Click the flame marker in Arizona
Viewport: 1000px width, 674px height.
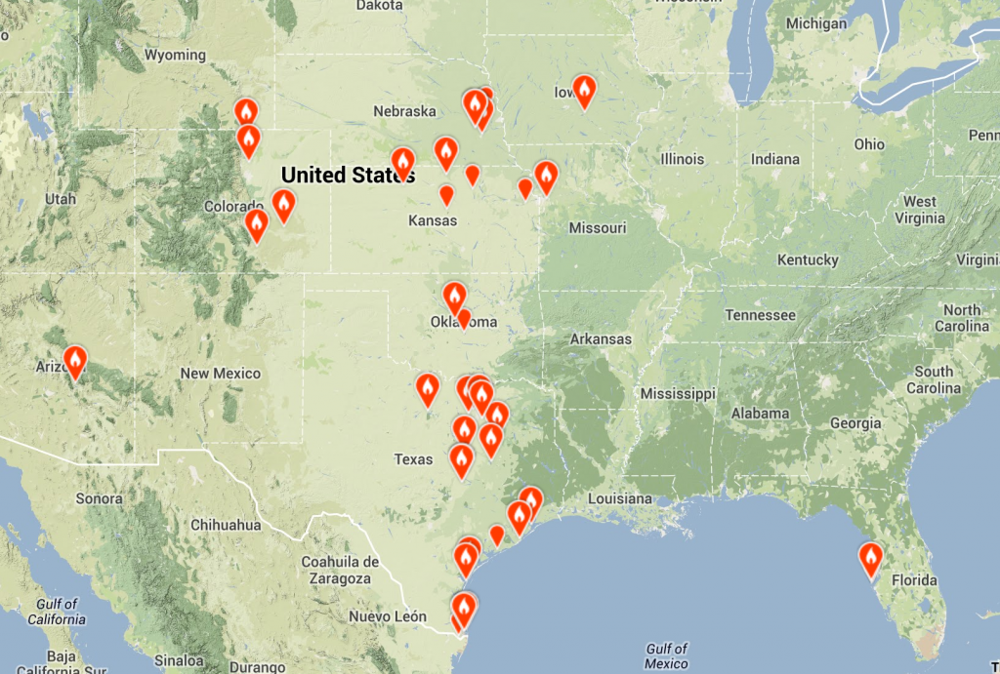74,362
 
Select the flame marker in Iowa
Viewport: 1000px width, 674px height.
584,92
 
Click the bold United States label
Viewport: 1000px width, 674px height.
348,176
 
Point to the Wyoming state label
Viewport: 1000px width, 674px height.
175,56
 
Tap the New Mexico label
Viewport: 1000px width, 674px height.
221,374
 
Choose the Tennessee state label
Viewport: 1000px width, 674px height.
761,315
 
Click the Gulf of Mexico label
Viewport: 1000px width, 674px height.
667,656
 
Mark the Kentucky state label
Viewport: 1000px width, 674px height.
808,259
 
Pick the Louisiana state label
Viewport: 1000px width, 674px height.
618,499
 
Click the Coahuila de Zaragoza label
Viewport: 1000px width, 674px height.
340,571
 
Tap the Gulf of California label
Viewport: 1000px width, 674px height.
56,612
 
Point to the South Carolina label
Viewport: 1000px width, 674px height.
934,379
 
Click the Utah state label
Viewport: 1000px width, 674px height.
60,199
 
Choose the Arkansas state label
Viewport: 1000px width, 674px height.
601,339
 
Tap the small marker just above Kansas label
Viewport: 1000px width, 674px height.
446,195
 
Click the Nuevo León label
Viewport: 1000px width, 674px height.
389,616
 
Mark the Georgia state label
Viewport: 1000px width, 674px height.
856,423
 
